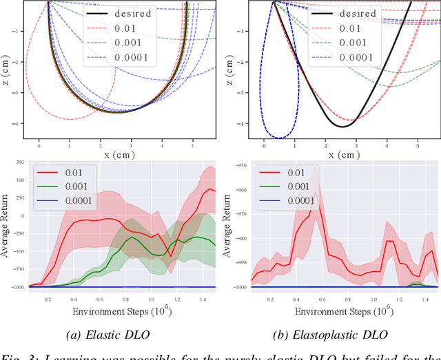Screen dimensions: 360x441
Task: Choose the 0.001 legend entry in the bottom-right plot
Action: pyautogui.click(x=297, y=187)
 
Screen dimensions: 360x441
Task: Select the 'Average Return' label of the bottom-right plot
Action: pyautogui.click(x=227, y=225)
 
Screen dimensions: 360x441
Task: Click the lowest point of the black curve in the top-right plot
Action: pyautogui.click(x=342, y=127)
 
